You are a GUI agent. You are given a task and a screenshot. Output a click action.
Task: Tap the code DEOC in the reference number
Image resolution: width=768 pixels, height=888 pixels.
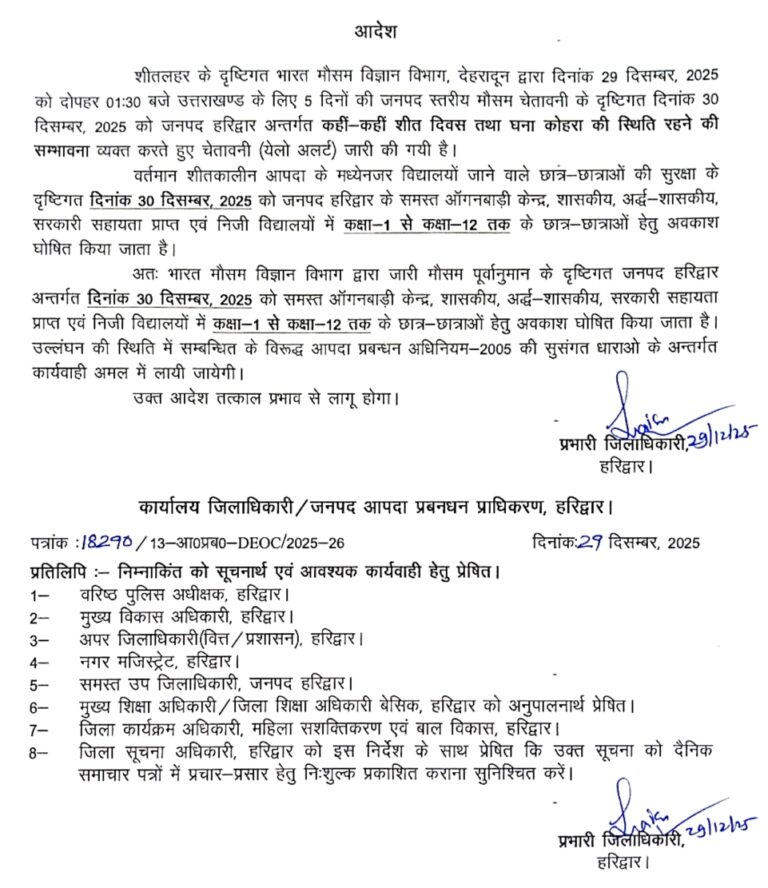[x=240, y=544]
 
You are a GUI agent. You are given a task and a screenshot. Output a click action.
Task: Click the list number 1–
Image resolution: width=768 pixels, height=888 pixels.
[x=39, y=594]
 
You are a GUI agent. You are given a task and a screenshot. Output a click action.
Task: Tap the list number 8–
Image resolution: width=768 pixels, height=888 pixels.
[x=39, y=750]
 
